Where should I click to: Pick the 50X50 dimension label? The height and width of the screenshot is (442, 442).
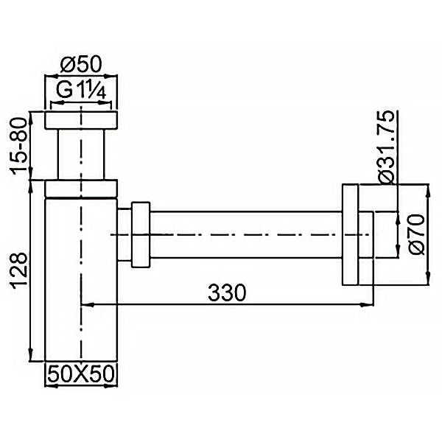pos(82,373)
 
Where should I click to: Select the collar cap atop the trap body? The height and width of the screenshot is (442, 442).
pos(82,189)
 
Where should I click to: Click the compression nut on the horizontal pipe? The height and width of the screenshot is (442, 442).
pos(139,234)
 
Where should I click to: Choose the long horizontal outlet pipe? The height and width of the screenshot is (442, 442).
pos(247,234)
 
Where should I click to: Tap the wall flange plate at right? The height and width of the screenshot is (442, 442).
pos(351,234)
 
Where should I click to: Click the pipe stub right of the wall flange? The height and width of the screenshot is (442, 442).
pos(367,234)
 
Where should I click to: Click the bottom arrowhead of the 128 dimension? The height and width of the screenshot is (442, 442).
pos(30,354)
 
